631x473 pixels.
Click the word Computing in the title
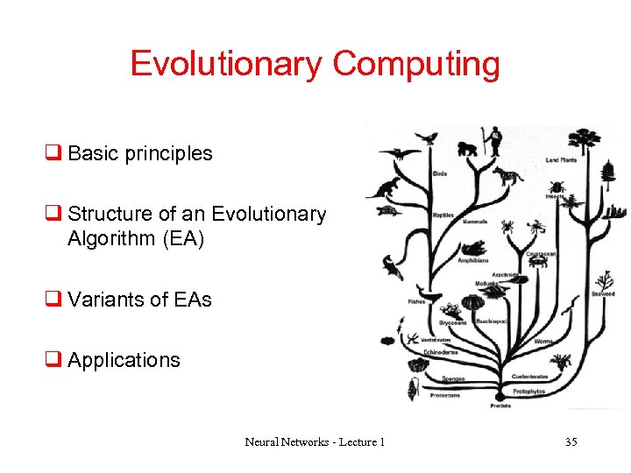[416, 64]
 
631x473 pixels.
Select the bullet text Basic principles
[139, 153]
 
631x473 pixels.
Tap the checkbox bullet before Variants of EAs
[53, 300]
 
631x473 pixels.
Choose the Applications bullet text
[124, 360]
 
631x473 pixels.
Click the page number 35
[571, 442]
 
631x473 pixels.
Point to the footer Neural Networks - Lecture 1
[315, 442]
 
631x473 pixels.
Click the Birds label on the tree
[439, 173]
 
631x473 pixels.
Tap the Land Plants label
[563, 160]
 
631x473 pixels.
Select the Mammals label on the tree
[474, 222]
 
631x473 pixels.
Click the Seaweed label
[603, 294]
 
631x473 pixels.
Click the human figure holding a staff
[495, 140]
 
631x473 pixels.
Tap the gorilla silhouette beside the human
[469, 145]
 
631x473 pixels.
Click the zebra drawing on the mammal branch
[506, 176]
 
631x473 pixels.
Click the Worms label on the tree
[543, 341]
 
